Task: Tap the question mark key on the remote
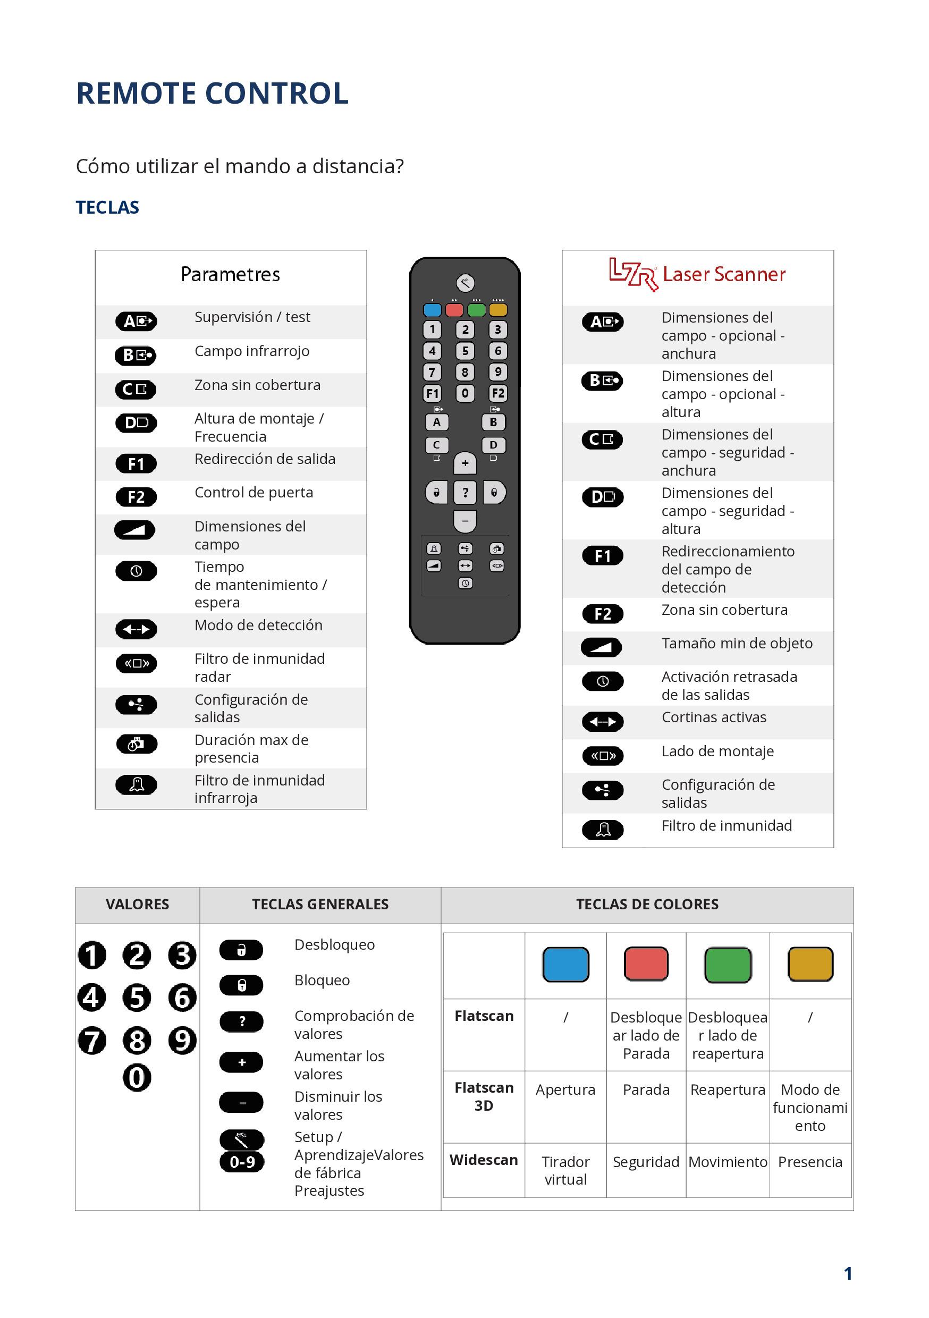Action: pyautogui.click(x=465, y=493)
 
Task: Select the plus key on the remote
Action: pyautogui.click(x=465, y=463)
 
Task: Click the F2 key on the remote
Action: pyautogui.click(x=498, y=393)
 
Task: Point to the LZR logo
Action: pyautogui.click(x=634, y=274)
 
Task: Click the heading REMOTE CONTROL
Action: pyautogui.click(x=212, y=94)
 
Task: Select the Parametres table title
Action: pyautogui.click(x=230, y=274)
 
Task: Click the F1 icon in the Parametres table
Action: pyautogui.click(x=136, y=463)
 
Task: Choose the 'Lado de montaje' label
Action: pyautogui.click(x=717, y=751)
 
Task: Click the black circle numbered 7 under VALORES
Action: pyautogui.click(x=92, y=1041)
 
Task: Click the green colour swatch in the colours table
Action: pyautogui.click(x=728, y=965)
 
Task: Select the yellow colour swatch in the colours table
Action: pyautogui.click(x=810, y=965)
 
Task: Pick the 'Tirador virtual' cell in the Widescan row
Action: pyautogui.click(x=565, y=1170)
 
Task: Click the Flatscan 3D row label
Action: pyautogui.click(x=484, y=1096)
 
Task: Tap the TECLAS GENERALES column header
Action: pyautogui.click(x=320, y=904)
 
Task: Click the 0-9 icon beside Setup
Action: pyautogui.click(x=242, y=1162)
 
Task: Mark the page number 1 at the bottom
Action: pyautogui.click(x=848, y=1274)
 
